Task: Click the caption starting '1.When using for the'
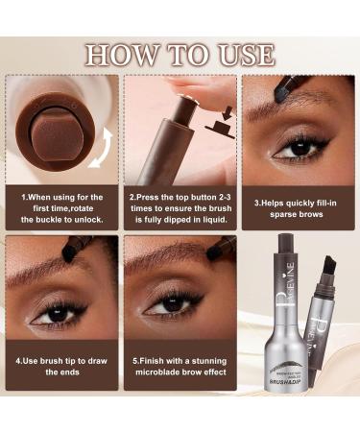61,204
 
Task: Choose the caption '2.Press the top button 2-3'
180,204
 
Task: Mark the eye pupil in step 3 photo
288,147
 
